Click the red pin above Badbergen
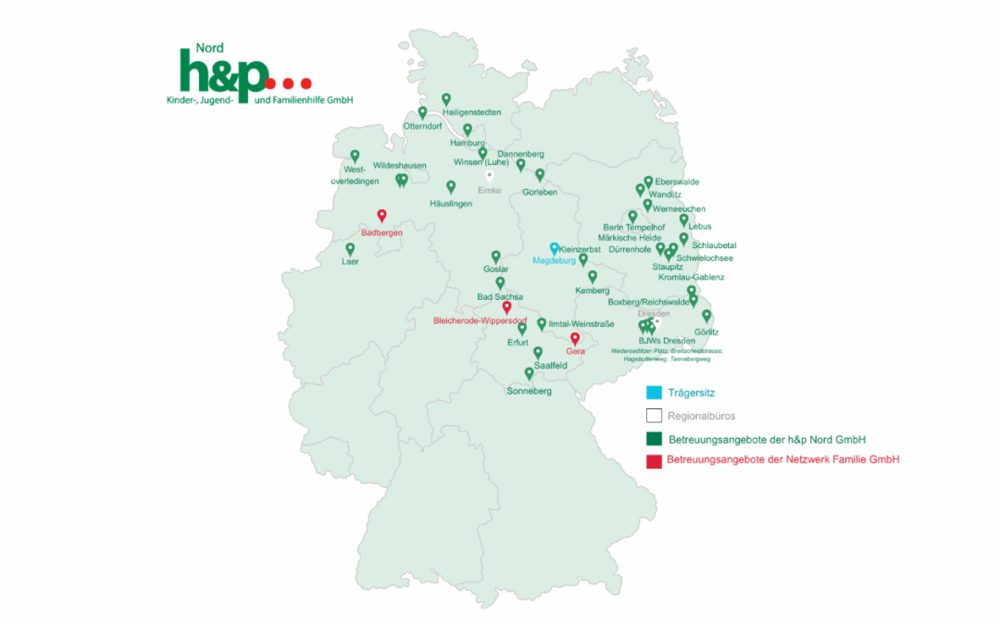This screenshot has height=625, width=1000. (381, 216)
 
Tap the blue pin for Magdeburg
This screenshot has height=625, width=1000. (554, 248)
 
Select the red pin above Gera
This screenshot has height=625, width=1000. (575, 339)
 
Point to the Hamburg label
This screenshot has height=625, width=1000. (467, 144)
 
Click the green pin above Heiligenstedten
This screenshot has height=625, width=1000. (446, 99)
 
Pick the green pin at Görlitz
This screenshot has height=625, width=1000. (706, 316)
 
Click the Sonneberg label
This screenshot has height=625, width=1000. (529, 392)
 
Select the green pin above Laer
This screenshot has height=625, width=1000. (350, 248)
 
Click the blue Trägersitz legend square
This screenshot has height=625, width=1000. (654, 393)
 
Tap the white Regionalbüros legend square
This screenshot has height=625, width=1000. (654, 416)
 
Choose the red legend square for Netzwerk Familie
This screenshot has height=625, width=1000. (654, 460)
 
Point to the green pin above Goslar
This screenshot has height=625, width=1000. (495, 256)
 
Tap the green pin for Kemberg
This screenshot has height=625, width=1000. (593, 276)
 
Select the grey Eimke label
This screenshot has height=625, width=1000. (489, 190)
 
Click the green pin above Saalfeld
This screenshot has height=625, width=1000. (538, 353)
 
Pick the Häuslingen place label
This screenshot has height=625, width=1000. (451, 203)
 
